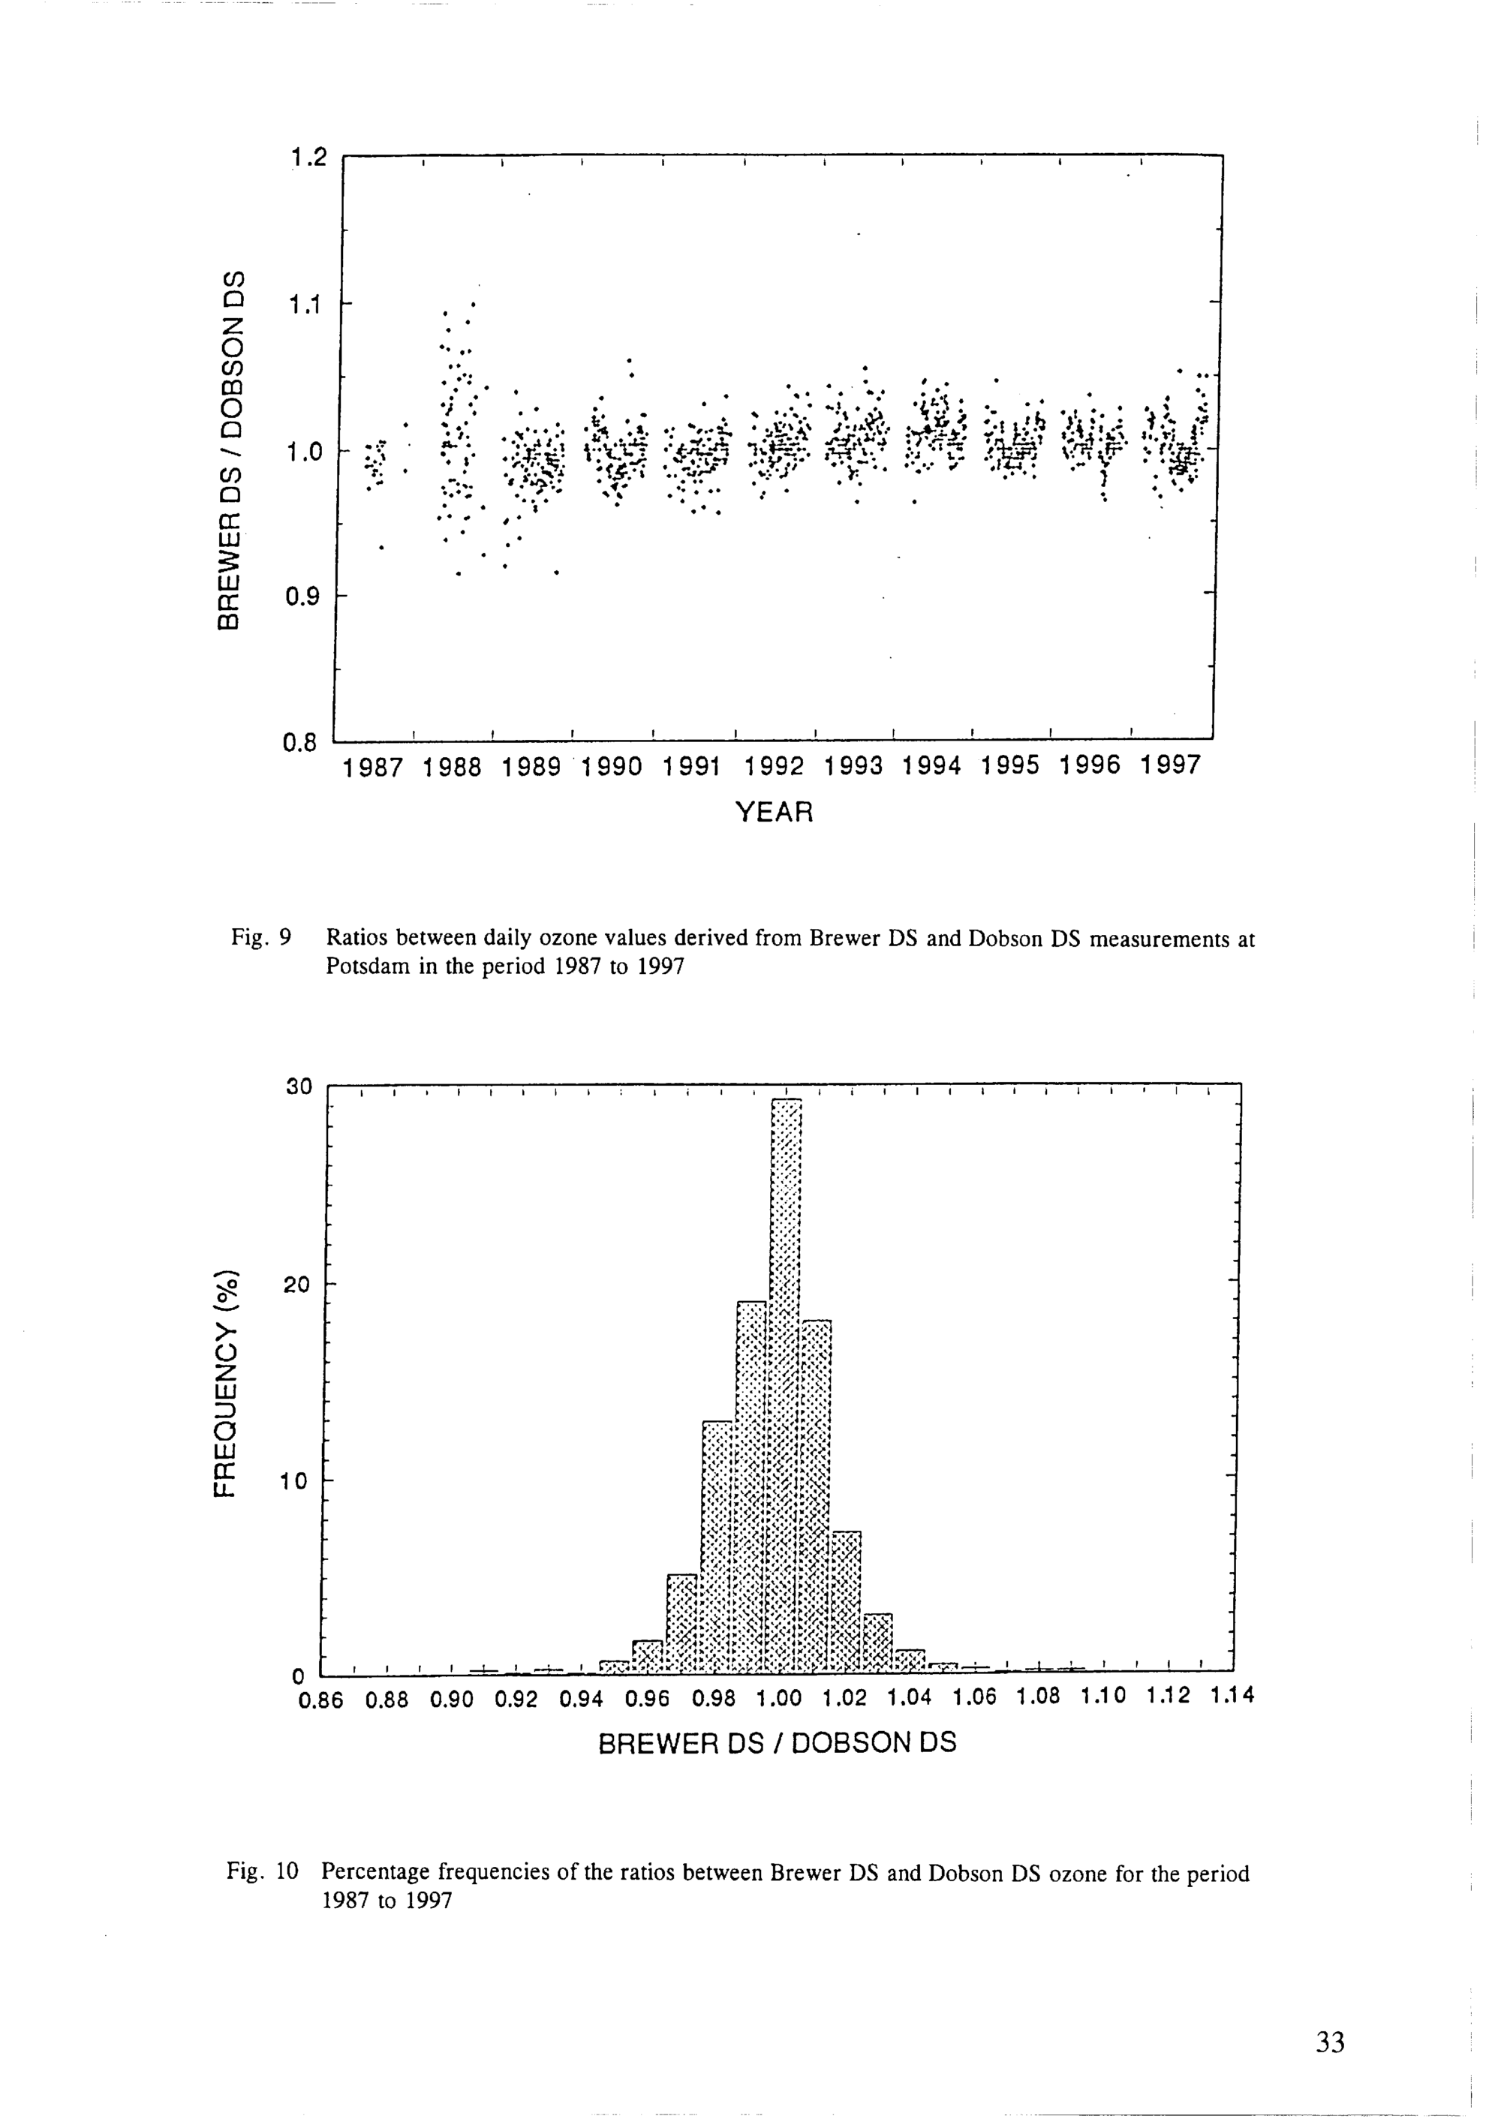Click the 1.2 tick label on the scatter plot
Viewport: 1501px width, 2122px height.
308,159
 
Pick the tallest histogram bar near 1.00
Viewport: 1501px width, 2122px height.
786,1387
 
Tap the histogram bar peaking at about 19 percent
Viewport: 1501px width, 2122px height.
752,1488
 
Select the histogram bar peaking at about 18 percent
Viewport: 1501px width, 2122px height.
815,1497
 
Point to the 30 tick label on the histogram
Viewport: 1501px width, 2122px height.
300,1087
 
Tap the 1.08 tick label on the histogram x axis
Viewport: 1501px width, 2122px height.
1038,1699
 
